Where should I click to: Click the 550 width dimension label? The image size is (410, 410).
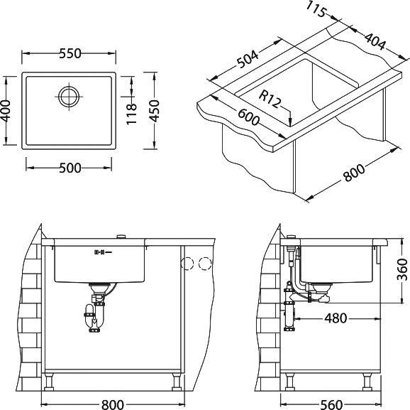[x=67, y=53]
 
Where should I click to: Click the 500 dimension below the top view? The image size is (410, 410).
[x=67, y=167]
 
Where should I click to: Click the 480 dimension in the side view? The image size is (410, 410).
[x=335, y=318]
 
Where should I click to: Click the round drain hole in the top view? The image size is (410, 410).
[x=69, y=96]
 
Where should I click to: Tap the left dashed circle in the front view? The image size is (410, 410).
[x=188, y=264]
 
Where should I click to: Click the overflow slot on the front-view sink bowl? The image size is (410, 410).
[x=99, y=252]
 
